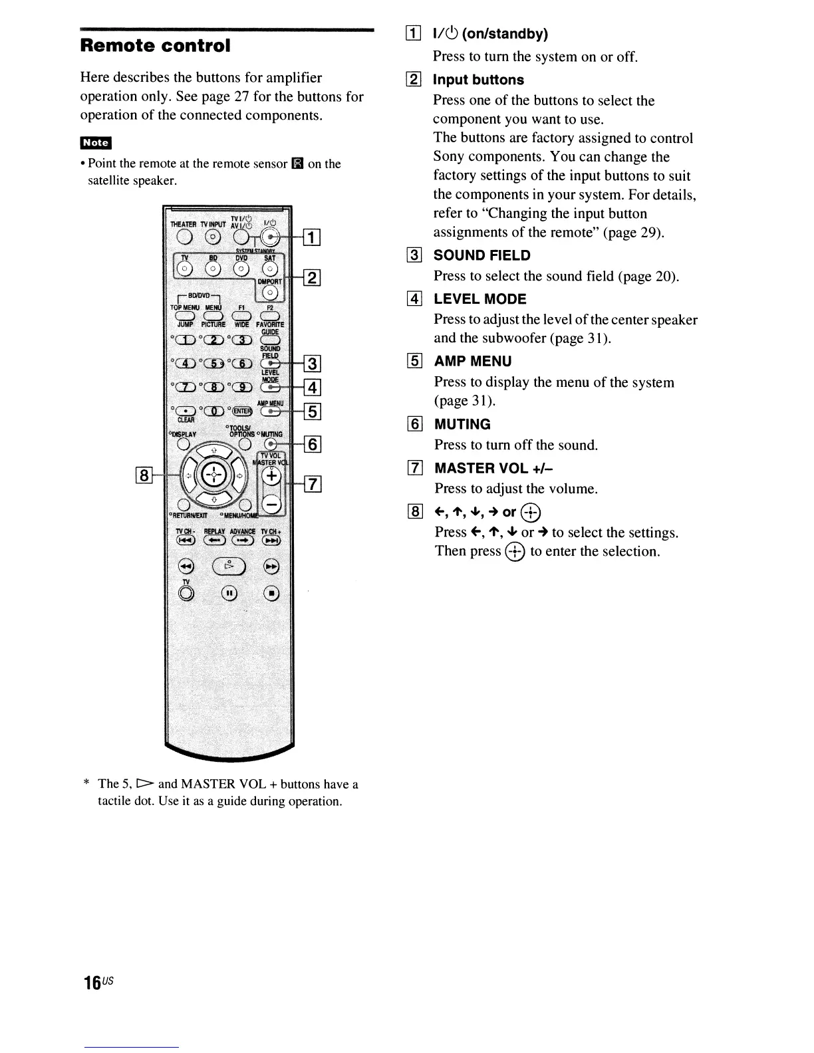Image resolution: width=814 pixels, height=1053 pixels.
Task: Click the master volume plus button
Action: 271,476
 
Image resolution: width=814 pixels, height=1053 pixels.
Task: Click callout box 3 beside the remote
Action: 313,363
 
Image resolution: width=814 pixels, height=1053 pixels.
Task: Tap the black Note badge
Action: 96,142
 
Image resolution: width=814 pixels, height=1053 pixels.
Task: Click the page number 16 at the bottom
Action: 92,983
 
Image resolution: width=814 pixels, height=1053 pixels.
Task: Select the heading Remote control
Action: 155,46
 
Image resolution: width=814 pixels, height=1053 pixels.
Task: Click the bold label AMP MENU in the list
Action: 473,361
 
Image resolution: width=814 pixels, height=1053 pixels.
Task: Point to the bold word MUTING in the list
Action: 462,424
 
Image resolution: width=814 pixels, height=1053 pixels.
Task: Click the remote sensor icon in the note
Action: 297,164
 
